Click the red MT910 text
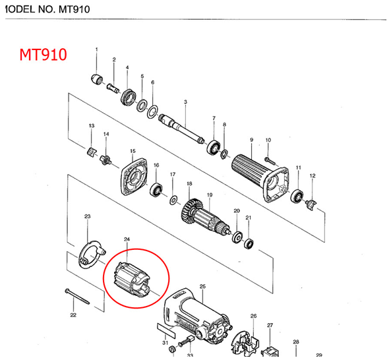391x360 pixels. [x=43, y=54]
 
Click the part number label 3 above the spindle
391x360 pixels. [x=186, y=102]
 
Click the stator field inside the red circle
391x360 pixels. [x=131, y=276]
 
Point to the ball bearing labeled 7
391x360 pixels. [x=214, y=146]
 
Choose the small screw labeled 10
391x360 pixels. [x=269, y=160]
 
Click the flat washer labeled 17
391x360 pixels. [x=173, y=198]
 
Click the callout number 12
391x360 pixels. [x=313, y=176]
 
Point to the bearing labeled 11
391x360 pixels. [x=297, y=196]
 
